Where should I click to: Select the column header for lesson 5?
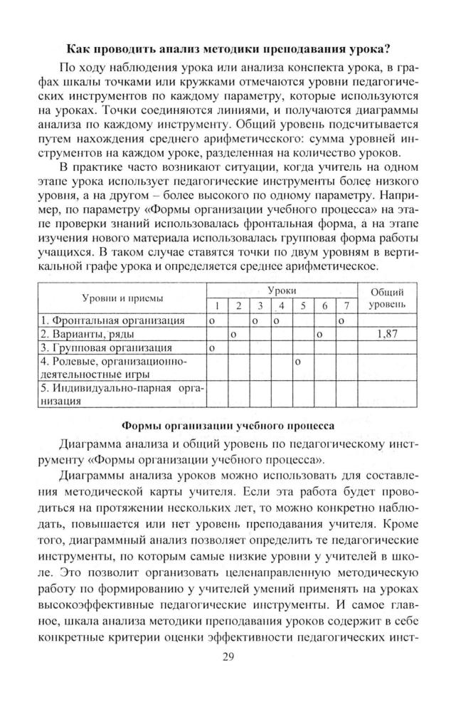[303, 306]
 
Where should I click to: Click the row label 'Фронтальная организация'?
[112, 321]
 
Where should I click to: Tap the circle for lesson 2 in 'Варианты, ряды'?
[233, 334]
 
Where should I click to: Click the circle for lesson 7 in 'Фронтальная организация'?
[341, 321]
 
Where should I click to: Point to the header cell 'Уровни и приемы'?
[122, 298]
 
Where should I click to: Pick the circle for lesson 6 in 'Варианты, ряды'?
[319, 334]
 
